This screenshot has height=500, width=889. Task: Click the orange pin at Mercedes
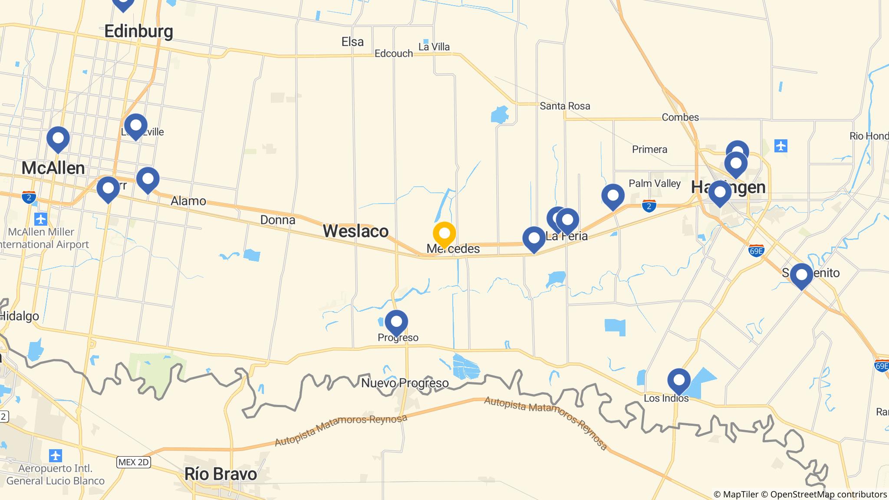coord(444,234)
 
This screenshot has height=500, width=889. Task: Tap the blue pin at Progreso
coord(396,322)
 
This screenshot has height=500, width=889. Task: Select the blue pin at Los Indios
coord(679,380)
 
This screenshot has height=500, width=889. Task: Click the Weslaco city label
coord(356,231)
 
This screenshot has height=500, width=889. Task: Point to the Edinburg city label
coord(139,31)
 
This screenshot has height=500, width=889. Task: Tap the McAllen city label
coord(53,168)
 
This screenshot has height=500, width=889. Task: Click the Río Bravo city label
coord(221,474)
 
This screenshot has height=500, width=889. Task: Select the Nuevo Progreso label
coord(405,383)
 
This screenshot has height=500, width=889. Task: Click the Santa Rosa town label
coord(565,106)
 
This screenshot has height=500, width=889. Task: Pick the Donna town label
coord(278,220)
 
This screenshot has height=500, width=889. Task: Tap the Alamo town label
coord(188,201)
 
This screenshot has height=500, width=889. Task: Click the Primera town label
coord(649,149)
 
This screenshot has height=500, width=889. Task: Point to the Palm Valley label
coord(655,184)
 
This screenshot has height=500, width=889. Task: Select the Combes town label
coord(680,117)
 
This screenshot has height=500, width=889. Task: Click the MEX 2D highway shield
coord(134,462)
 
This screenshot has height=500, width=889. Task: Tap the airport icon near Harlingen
coord(780,146)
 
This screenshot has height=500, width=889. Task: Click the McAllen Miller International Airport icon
coord(41,219)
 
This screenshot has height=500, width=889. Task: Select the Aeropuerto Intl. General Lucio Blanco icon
coord(56,456)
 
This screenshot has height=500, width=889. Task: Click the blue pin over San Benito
coord(801,275)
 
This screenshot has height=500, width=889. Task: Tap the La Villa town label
coord(434,47)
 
